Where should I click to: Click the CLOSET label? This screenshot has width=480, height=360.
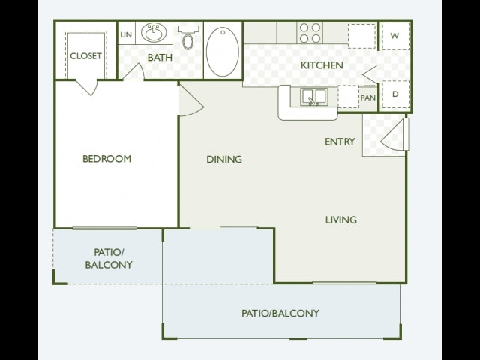point(85,56)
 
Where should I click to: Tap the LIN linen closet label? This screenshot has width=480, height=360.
point(126,34)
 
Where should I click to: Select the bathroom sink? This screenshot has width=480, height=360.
point(154,32)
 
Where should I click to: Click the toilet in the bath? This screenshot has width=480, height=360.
point(188,37)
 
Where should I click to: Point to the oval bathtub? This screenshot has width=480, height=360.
point(223,52)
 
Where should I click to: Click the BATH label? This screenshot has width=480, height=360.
point(160,58)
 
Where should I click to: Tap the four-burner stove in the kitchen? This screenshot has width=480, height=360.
point(310,33)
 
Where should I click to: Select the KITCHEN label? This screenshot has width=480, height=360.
point(322,65)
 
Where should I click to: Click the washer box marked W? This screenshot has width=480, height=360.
point(395,36)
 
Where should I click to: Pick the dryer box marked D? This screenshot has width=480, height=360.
point(395,94)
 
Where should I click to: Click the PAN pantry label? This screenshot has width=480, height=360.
point(368,98)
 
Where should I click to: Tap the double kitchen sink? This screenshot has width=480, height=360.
point(313,97)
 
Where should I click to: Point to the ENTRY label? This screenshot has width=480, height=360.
point(340,142)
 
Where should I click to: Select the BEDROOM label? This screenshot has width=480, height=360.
point(106,159)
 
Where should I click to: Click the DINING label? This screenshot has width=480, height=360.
point(224,160)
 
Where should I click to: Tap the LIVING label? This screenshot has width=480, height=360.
point(341,220)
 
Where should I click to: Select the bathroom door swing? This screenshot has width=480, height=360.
point(135,72)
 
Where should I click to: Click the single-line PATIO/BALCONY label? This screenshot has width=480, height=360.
point(280,313)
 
